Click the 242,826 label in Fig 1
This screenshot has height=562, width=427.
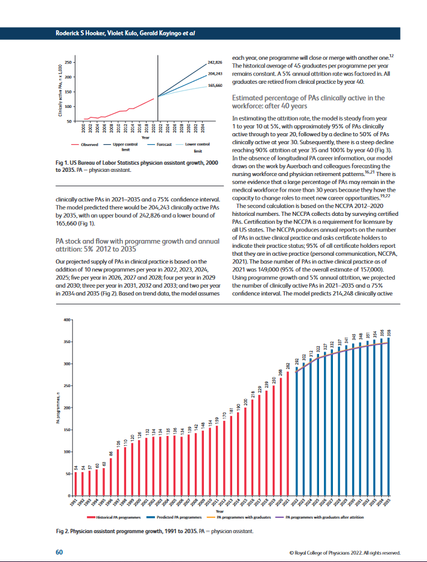[215, 62]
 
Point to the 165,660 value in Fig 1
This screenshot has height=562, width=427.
[215, 86]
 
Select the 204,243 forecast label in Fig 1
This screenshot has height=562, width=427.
[215, 74]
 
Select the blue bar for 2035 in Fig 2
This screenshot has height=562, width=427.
[388, 416]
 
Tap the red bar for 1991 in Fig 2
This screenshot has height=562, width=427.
[76, 483]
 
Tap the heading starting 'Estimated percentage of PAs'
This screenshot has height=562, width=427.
[308, 101]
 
